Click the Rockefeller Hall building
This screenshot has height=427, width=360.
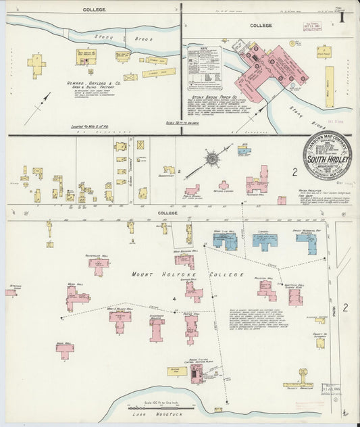tap(99, 266)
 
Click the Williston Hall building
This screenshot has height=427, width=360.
tap(266, 289)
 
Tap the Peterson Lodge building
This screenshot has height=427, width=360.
tap(14, 293)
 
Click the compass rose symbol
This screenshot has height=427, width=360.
tap(212, 159)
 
